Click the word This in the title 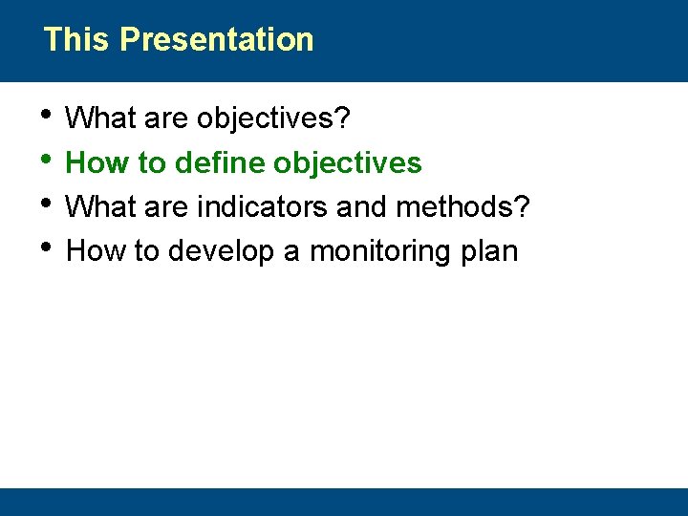(x=77, y=39)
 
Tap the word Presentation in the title (x=217, y=39)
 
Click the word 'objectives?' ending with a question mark (x=273, y=119)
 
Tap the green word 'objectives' (x=348, y=163)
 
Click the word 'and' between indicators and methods (x=365, y=207)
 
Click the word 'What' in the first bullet (x=100, y=119)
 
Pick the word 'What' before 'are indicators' (x=100, y=207)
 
